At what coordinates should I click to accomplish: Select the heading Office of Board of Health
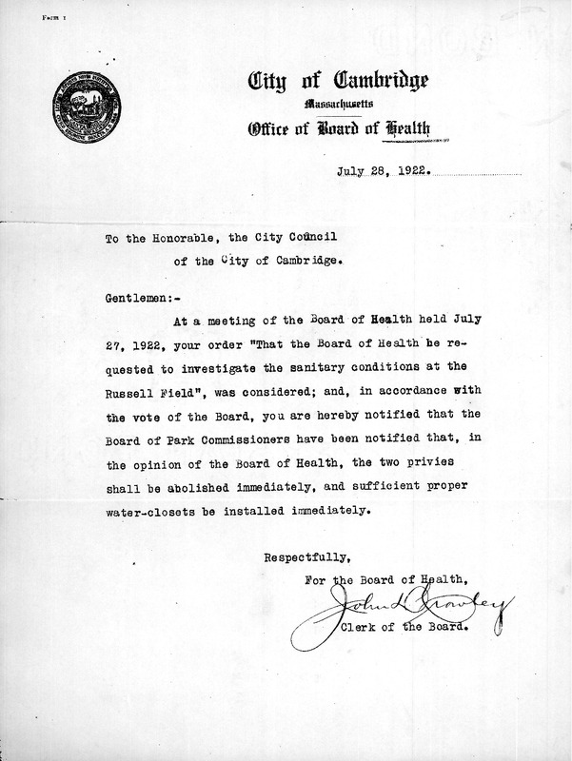pyautogui.click(x=353, y=128)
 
